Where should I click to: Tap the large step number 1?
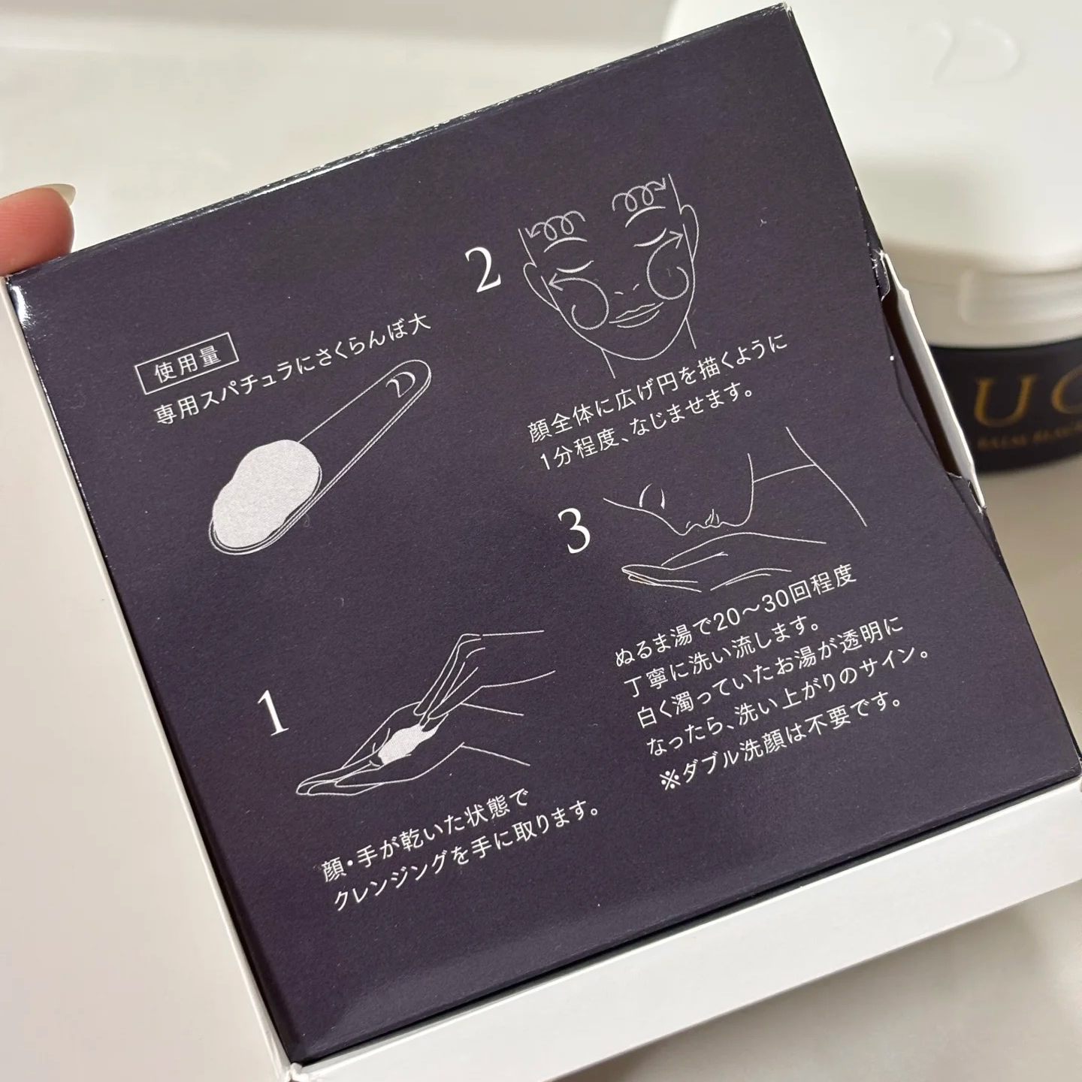[x=275, y=713]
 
